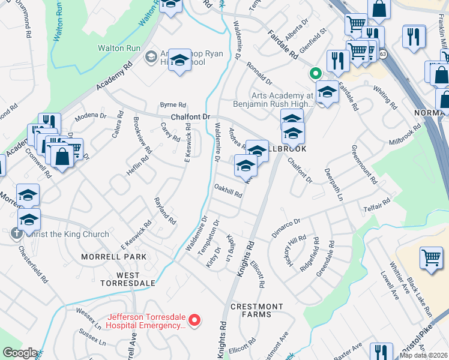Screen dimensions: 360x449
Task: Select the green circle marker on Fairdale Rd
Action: coord(314,74)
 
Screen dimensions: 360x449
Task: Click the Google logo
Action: coord(20,353)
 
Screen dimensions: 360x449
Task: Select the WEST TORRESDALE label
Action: coord(128,283)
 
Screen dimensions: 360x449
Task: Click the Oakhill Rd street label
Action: coord(228,190)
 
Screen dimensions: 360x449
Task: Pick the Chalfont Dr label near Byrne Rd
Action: coord(192,117)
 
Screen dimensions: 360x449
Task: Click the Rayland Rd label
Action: coord(165,211)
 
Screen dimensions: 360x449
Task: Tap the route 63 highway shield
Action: coord(383,54)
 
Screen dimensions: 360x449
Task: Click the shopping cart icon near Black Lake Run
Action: coord(432,257)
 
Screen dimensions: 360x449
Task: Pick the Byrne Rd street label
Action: coord(173,104)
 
